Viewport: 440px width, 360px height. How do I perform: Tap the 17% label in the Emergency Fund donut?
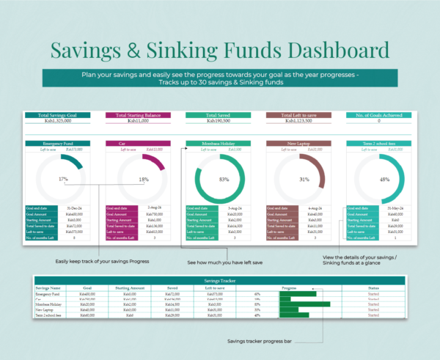click(x=63, y=179)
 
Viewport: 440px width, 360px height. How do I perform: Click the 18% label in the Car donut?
click(x=143, y=179)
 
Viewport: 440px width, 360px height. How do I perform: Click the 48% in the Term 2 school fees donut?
click(x=383, y=179)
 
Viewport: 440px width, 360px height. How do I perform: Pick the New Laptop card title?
click(x=297, y=144)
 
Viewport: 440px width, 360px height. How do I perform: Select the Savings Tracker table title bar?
click(x=220, y=281)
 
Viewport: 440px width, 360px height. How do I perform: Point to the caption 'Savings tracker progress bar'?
click(x=260, y=341)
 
